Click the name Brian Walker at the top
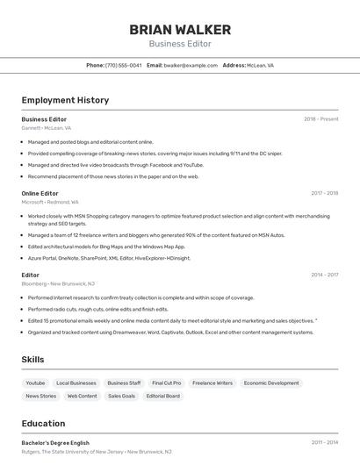coord(180,29)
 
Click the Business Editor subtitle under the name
coord(180,44)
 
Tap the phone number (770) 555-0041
coord(123,65)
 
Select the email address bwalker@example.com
coord(191,65)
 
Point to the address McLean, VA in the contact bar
coord(260,65)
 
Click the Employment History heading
coord(65,100)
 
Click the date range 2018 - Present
coord(320,118)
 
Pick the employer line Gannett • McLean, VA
coord(47,128)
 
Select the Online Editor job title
coord(40,193)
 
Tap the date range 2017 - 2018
coord(324,193)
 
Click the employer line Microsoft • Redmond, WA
coord(50,202)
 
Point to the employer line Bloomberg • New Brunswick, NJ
coord(58,284)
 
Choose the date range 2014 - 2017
coord(324,275)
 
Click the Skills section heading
coord(33,360)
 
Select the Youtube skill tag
coord(35,383)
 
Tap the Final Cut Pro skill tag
coord(166,383)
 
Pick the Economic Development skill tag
coord(271,383)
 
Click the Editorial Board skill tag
coord(162,397)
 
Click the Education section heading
coord(43,423)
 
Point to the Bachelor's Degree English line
coord(55,443)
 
